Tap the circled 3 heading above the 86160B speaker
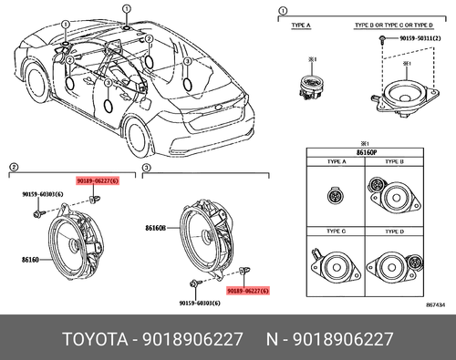click(x=149, y=170)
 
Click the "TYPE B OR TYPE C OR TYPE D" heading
click(x=404, y=26)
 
